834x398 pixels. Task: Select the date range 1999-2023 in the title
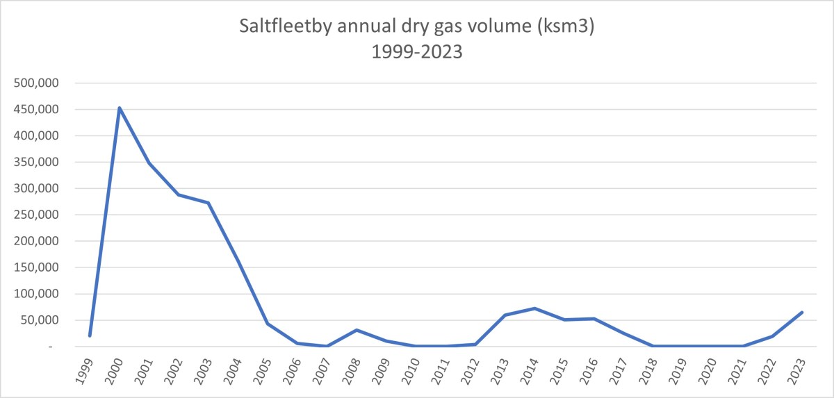click(416, 52)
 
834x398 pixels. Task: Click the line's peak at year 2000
click(120, 108)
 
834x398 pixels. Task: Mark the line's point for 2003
click(208, 203)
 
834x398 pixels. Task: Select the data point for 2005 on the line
click(268, 324)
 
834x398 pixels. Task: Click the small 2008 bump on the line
click(357, 330)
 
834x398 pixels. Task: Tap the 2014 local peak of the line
click(534, 308)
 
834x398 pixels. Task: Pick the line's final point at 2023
click(801, 313)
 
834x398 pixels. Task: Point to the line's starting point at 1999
click(90, 335)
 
